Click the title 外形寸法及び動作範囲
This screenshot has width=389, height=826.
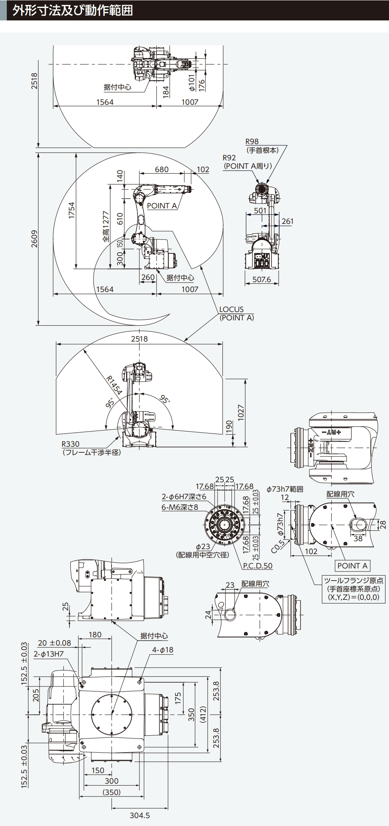pyautogui.click(x=73, y=10)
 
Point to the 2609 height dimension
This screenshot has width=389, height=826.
pyautogui.click(x=34, y=239)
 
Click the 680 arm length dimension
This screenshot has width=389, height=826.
pyautogui.click(x=162, y=169)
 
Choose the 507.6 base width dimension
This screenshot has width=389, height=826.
pyautogui.click(x=262, y=279)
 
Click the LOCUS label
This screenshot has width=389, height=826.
pyautogui.click(x=231, y=309)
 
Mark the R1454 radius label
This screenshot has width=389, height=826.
pyautogui.click(x=113, y=385)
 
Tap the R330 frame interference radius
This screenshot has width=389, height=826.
pyautogui.click(x=71, y=444)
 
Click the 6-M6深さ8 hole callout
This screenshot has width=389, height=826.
pyautogui.click(x=179, y=507)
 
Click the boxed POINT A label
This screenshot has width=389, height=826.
pyautogui.click(x=352, y=565)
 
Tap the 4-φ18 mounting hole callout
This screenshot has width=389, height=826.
pyautogui.click(x=162, y=650)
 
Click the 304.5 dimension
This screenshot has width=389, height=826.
pyautogui.click(x=140, y=815)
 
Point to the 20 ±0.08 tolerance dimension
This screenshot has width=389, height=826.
pyautogui.click(x=54, y=643)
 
